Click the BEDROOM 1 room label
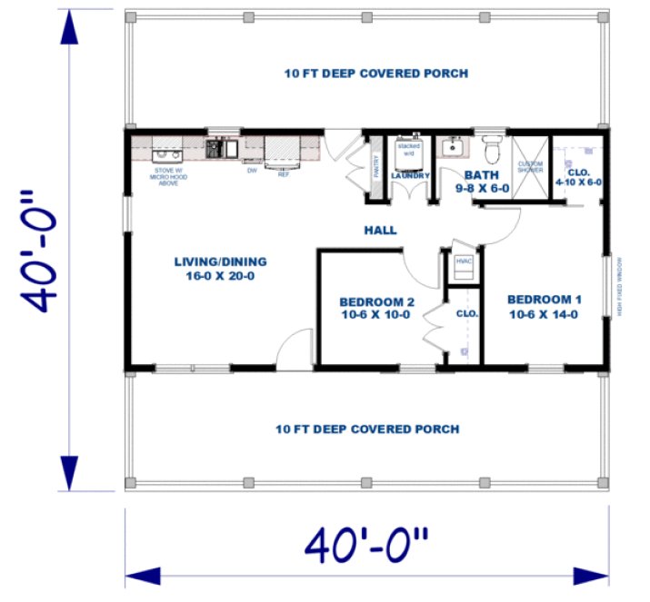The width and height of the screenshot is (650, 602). pos(544,307)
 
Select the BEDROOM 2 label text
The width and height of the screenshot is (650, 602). pos(376,309)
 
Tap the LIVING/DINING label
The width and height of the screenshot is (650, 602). pos(220,269)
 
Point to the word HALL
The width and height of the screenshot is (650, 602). pos(380,231)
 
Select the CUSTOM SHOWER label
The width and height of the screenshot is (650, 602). pos(530,168)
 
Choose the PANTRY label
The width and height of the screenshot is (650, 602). pos(375,167)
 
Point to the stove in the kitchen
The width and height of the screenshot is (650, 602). pos(167,147)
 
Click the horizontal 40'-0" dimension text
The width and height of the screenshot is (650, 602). pos(366,546)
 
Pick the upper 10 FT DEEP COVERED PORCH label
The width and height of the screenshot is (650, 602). pos(375,74)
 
